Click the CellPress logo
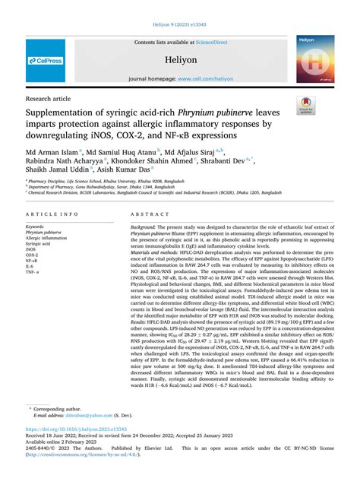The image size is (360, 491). pyautogui.click(x=46, y=60)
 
